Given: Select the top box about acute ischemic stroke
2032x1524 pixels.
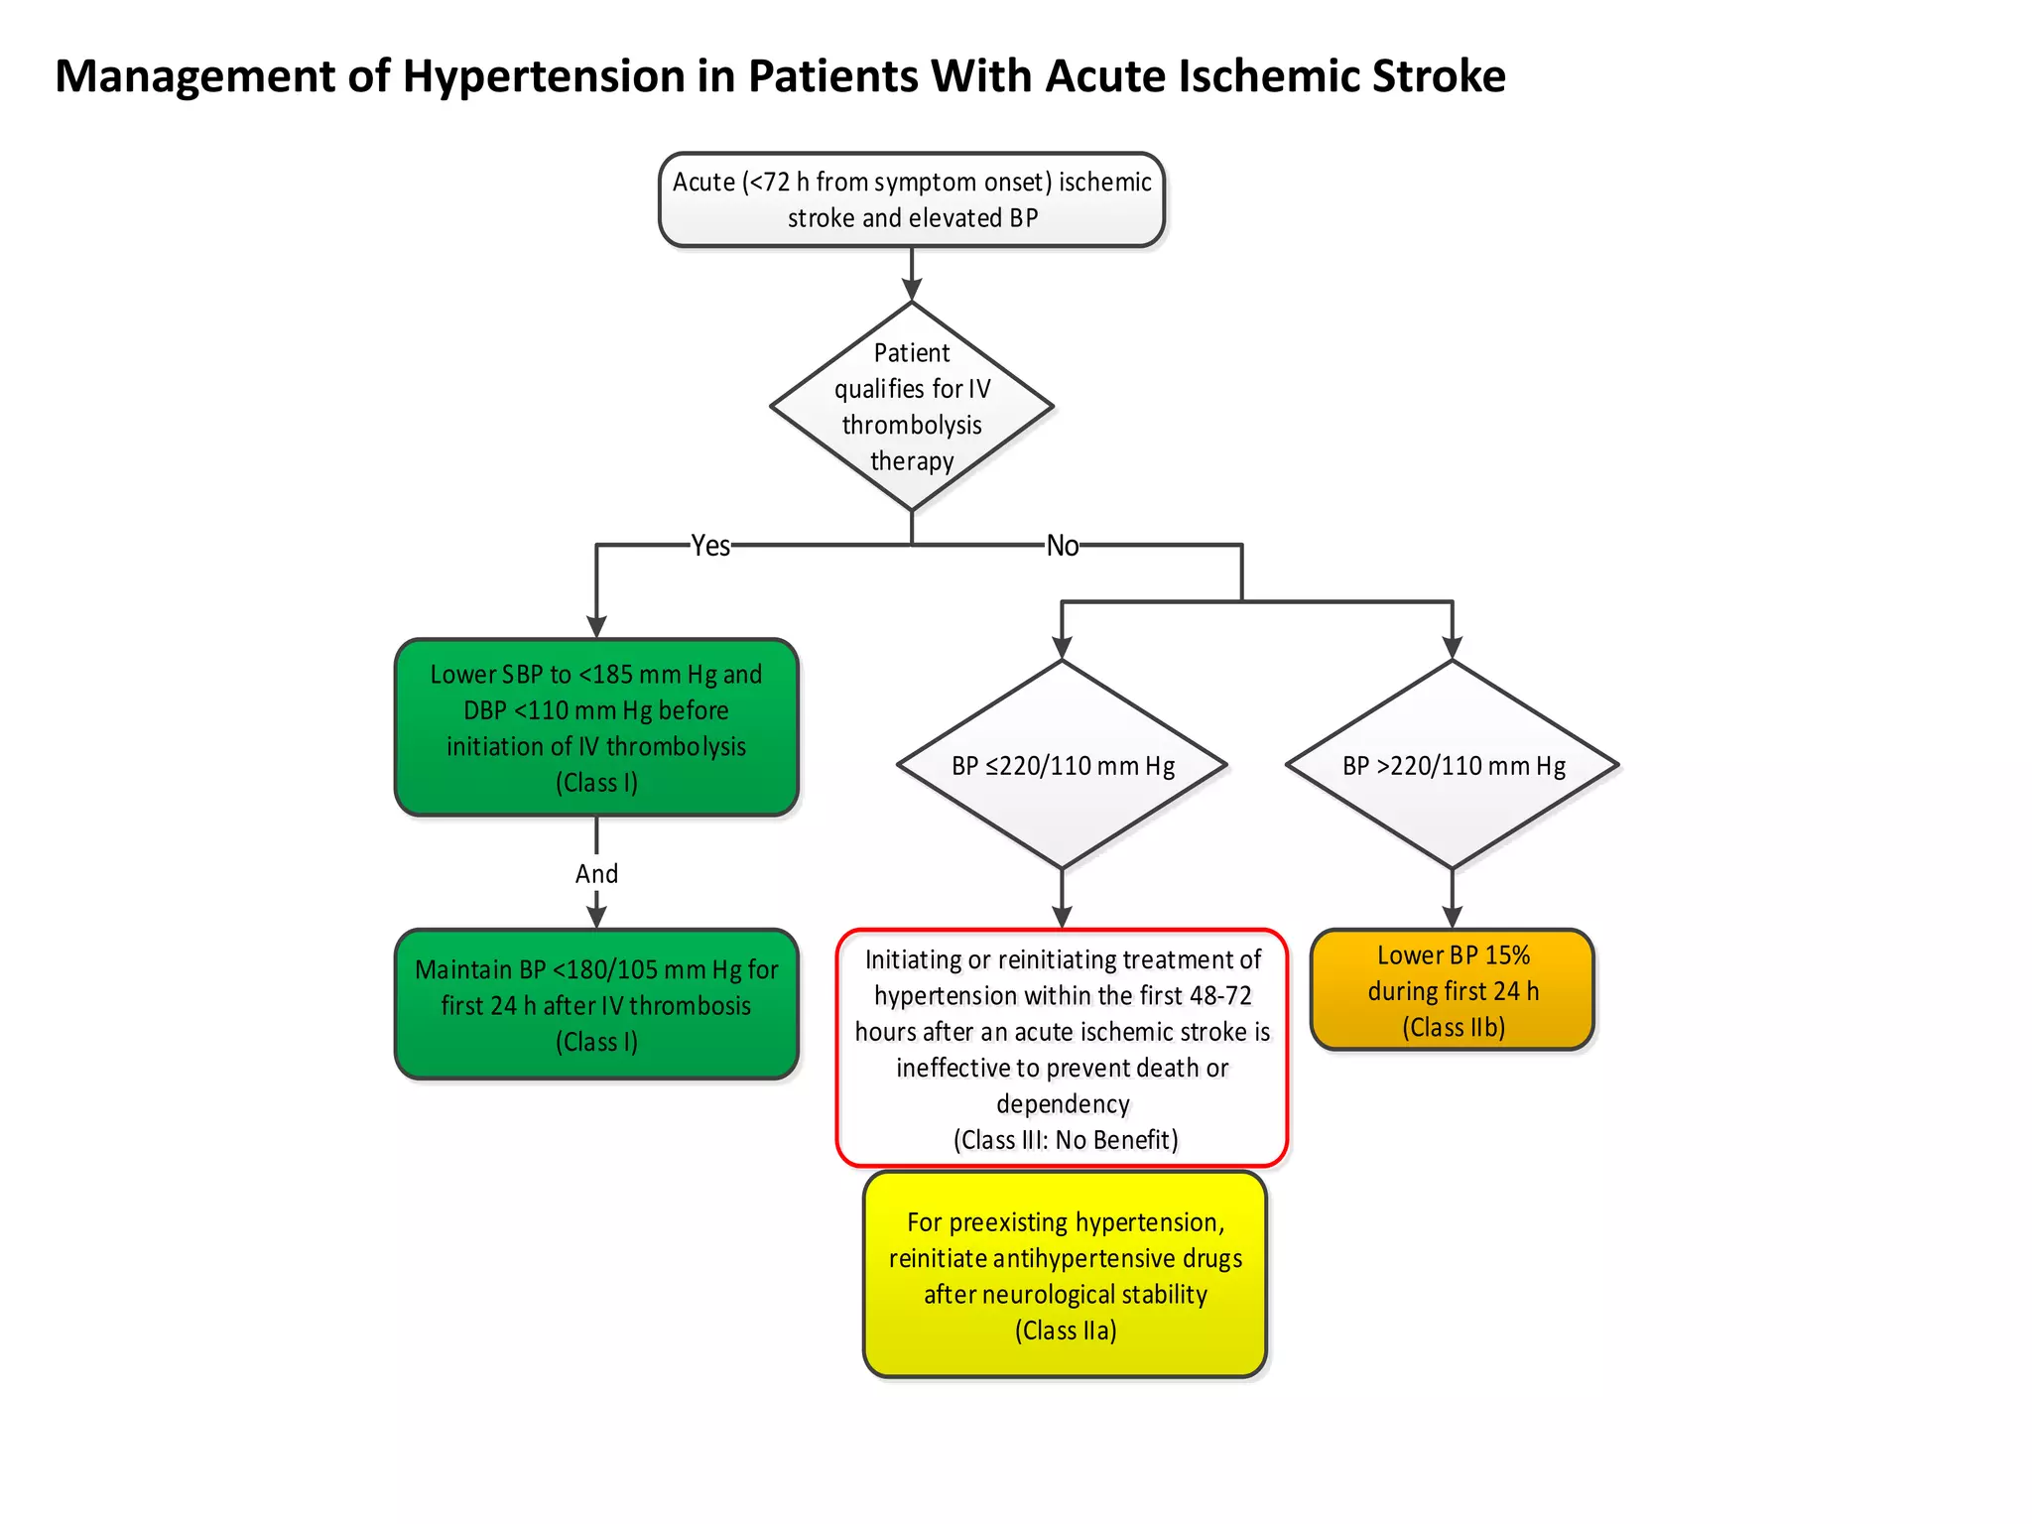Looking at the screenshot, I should tap(911, 199).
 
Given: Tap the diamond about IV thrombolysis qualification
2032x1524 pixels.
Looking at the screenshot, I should tap(911, 407).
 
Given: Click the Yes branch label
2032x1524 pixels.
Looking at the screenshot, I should tap(710, 546).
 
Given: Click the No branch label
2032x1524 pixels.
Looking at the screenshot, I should tap(1062, 546).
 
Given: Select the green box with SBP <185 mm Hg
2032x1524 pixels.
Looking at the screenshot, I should tap(596, 727).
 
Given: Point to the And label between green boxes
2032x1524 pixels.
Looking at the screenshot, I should tap(596, 873).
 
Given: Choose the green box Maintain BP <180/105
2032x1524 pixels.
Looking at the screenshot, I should tap(596, 1004).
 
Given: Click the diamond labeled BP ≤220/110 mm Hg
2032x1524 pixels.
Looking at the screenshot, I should tap(1062, 765).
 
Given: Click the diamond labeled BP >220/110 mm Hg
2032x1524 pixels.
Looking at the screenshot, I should tap(1453, 765).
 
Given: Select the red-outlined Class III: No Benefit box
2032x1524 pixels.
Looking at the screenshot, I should tap(1062, 1048).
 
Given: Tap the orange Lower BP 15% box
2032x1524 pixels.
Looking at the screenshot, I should tap(1453, 990).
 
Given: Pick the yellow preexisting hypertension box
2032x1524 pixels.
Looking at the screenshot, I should tap(1065, 1275).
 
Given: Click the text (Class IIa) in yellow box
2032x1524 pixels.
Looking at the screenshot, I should tap(1066, 1331).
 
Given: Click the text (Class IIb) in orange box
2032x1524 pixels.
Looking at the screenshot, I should tap(1454, 1027).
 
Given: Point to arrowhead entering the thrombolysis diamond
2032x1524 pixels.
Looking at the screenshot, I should tap(911, 291).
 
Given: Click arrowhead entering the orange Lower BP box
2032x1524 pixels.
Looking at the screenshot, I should tap(1453, 918).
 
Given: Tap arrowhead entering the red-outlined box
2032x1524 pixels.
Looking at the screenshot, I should tap(1062, 918).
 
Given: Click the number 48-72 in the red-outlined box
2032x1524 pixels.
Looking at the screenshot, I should tap(1220, 995).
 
